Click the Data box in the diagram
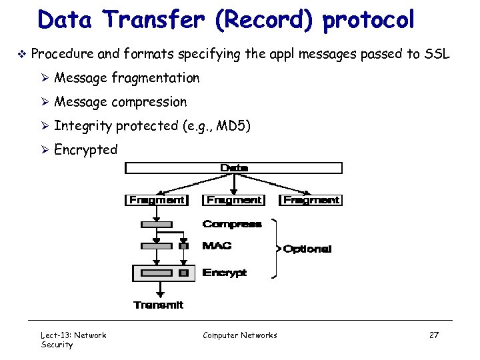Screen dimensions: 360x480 click(x=234, y=168)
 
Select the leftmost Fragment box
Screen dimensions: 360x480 click(x=157, y=199)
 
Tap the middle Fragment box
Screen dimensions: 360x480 click(x=234, y=199)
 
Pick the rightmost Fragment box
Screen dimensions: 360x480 click(x=311, y=199)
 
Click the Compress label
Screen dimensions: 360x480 click(x=232, y=224)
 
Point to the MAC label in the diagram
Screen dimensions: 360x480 click(x=217, y=246)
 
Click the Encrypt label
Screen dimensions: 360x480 click(x=225, y=273)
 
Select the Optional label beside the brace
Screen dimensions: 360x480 click(x=307, y=249)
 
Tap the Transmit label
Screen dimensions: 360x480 click(x=159, y=305)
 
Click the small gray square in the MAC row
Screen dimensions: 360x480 click(x=184, y=246)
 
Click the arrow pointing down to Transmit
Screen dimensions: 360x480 click(x=160, y=290)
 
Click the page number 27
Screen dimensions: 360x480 click(x=433, y=335)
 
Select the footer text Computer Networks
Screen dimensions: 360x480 click(x=240, y=335)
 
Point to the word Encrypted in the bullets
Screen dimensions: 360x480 click(x=85, y=149)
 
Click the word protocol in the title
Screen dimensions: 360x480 click(x=369, y=19)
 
